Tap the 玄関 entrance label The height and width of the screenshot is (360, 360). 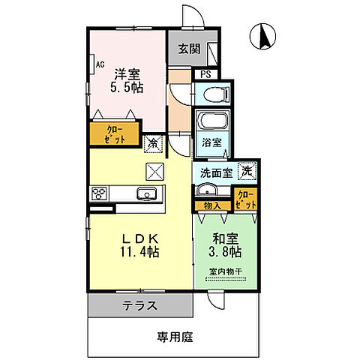pos(187,49)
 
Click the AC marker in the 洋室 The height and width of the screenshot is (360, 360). pos(98,64)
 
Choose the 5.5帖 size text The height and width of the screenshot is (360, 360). pos(128,88)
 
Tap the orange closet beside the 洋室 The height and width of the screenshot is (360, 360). pos(114,133)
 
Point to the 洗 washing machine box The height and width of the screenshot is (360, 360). pos(247,170)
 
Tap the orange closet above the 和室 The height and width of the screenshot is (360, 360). pos(245,199)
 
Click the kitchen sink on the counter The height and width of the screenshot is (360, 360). pos(146,195)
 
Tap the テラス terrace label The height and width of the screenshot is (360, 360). pos(140,305)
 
